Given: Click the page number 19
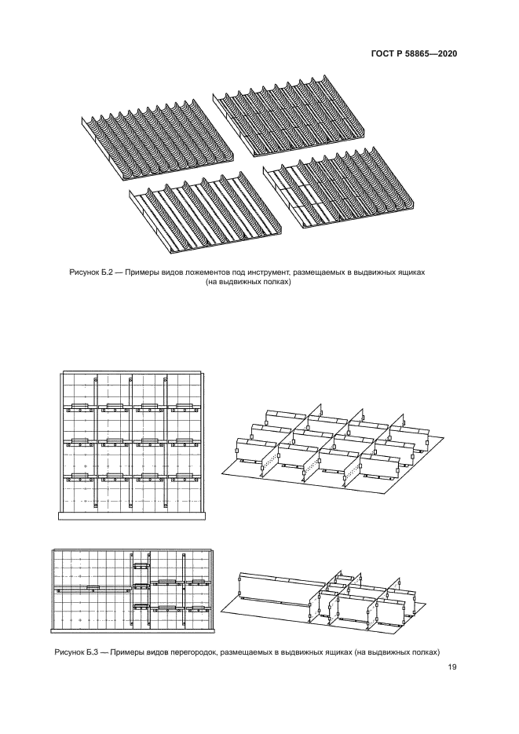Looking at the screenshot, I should [452, 667].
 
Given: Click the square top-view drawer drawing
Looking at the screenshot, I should [131, 444].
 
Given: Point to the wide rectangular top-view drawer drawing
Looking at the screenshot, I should [131, 590].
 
